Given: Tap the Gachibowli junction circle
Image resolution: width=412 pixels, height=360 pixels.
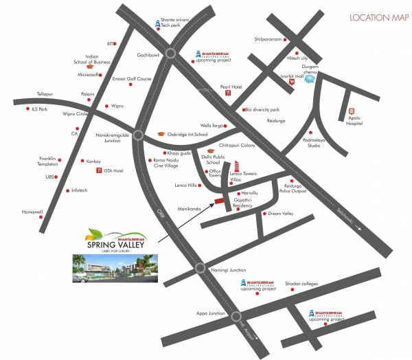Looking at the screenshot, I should click(171, 53).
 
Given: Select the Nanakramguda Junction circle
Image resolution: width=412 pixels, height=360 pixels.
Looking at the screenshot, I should click(137, 135).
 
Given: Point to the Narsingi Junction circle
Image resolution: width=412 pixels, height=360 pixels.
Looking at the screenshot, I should click(201, 269).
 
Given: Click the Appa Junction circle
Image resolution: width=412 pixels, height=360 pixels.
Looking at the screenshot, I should click(237, 317).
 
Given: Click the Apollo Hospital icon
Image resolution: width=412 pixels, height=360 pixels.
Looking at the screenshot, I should click(351, 111).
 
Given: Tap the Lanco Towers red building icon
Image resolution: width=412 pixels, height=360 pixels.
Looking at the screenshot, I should click(236, 166).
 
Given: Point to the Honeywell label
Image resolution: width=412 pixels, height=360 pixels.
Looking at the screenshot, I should click(32, 212).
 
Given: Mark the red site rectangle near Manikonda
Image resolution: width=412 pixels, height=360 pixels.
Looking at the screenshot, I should click(218, 201).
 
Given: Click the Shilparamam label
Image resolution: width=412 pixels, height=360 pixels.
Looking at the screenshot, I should click(268, 39).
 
